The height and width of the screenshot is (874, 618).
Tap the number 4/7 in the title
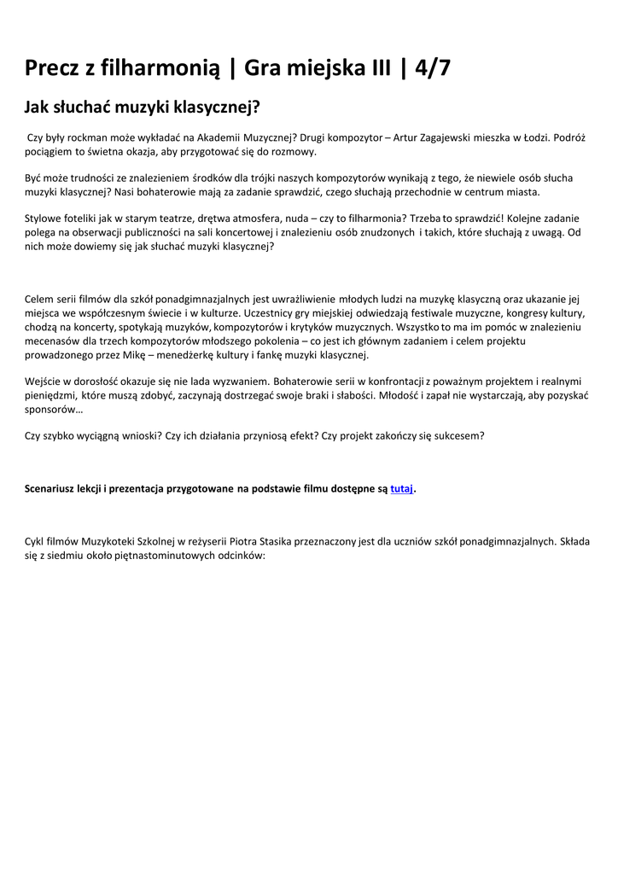coord(432,67)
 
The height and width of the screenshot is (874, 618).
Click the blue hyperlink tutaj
coord(401,489)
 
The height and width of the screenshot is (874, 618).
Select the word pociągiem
coord(50,151)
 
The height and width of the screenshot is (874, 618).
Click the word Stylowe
coord(45,218)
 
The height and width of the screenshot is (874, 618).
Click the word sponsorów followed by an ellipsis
coord(53,409)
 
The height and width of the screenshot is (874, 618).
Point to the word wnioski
coord(129,435)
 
